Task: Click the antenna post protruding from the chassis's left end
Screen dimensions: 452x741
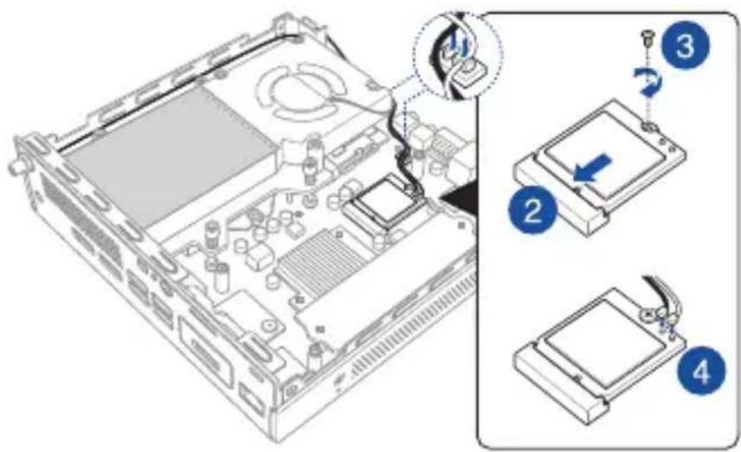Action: click(x=16, y=163)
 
